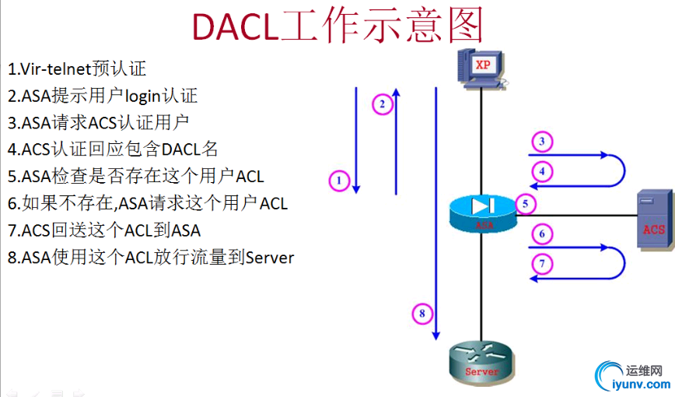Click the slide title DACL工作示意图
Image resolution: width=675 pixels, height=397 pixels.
point(337,25)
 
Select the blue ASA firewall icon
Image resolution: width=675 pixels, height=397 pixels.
point(482,211)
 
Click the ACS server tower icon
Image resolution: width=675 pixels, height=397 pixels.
point(652,220)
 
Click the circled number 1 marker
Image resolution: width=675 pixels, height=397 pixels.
point(339,181)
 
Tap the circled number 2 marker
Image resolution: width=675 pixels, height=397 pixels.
point(382,104)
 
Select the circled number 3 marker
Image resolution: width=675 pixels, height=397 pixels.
point(542,142)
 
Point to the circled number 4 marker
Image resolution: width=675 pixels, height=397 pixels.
point(542,170)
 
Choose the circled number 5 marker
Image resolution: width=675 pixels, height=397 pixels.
point(526,205)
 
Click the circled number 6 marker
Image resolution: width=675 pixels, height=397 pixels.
point(542,234)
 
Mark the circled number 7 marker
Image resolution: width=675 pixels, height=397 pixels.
point(542,263)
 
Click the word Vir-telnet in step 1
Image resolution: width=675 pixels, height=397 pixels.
point(56,69)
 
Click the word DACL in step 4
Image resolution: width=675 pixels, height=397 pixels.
point(181,149)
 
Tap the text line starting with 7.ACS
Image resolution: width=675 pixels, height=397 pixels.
point(104,230)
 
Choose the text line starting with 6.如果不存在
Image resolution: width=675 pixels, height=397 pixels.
point(148,203)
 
